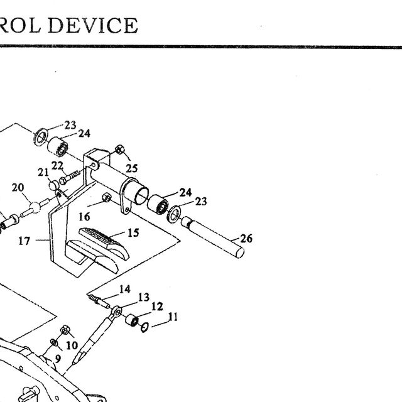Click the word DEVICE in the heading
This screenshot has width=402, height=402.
93,25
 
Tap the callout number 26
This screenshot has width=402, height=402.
246,239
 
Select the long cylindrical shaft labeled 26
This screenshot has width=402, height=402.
212,237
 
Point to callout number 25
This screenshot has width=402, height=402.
131,168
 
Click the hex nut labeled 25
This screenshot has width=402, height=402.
120,149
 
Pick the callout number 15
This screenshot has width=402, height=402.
133,232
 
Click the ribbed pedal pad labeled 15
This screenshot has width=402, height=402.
104,242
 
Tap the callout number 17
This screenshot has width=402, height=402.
24,241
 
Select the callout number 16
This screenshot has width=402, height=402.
84,217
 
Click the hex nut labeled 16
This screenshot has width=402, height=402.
106,198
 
